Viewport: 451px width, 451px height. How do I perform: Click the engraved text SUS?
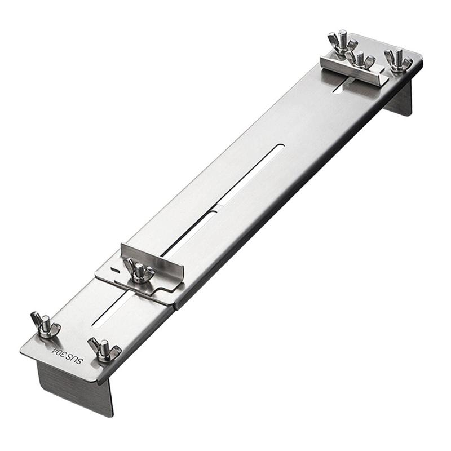tap(76, 359)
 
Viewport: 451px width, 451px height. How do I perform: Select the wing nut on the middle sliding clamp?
tap(139, 271)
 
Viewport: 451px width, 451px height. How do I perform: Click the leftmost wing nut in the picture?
tap(45, 325)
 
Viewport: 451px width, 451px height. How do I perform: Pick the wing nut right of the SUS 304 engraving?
tap(104, 350)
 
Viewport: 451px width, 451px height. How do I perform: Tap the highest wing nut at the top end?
tap(342, 42)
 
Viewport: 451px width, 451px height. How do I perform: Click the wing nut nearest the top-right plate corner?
tap(398, 60)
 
